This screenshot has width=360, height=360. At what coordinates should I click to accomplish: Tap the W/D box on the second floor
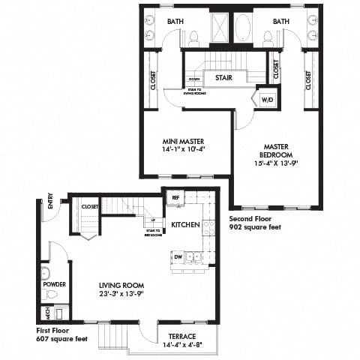267,99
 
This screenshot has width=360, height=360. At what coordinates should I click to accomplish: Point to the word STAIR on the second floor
222,77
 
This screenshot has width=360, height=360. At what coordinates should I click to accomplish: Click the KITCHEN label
184,225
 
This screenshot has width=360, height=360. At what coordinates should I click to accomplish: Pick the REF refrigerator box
175,198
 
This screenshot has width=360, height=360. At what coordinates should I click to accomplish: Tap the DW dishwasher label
178,256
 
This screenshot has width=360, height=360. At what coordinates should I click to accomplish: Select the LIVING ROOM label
121,286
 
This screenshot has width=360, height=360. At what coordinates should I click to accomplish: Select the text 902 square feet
254,226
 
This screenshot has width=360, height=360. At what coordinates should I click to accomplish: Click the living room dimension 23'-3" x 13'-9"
121,294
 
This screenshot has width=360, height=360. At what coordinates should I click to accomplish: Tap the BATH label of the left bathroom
175,22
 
